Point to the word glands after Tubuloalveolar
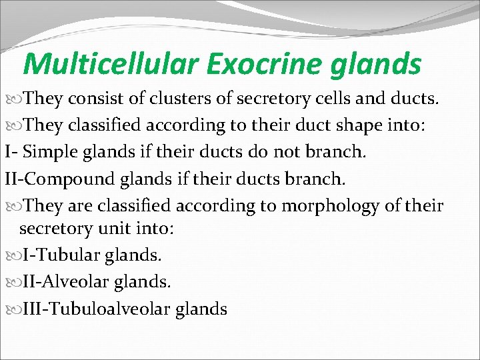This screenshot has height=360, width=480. (x=201, y=309)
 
